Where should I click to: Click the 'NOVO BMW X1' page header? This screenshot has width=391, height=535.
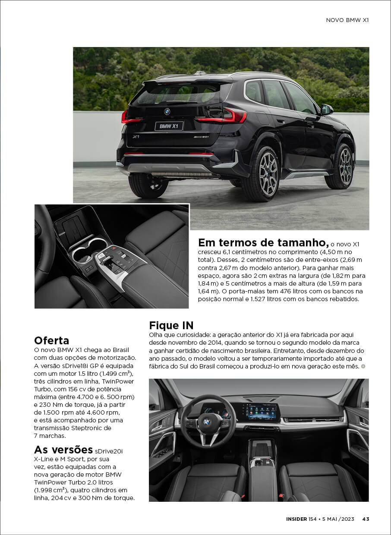[x=347, y=20]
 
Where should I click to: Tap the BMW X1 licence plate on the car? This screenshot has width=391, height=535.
[x=169, y=126]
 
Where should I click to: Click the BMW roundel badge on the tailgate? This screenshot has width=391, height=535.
[x=167, y=111]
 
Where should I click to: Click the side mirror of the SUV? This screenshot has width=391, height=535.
[x=326, y=110]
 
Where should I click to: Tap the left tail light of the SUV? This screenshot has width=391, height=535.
[x=125, y=117]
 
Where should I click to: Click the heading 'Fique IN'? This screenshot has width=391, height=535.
[x=171, y=325]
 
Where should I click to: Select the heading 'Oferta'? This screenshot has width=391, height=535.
[x=51, y=340]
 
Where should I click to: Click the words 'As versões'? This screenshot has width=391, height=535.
[x=63, y=449]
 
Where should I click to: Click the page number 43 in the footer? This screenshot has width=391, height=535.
[x=366, y=519]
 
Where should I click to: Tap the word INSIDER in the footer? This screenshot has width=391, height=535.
[x=296, y=519]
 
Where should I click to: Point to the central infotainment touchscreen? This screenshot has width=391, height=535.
[x=259, y=412]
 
